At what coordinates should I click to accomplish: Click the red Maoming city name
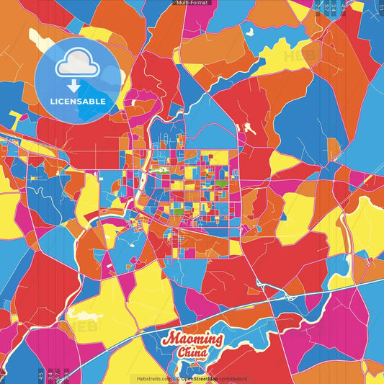193,338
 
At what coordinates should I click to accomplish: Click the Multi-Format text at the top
192,3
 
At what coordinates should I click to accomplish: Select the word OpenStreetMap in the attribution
202,378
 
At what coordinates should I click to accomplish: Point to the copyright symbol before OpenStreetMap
177,378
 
